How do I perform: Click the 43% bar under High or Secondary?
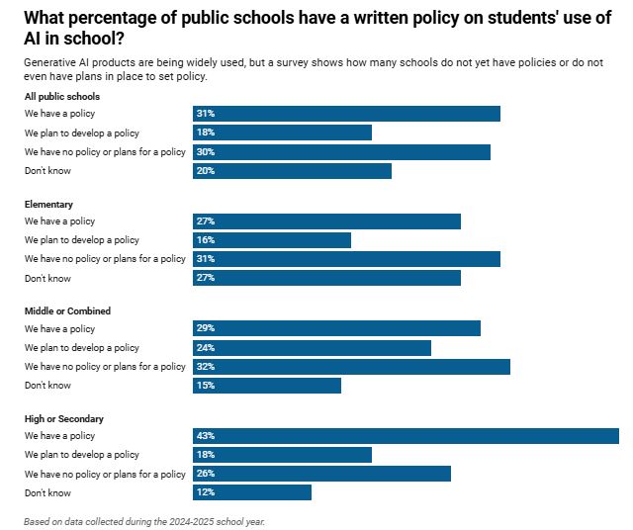tap(406, 436)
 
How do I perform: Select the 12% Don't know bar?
tap(252, 492)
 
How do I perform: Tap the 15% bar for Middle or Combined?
tap(267, 386)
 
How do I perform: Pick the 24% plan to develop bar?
tap(312, 348)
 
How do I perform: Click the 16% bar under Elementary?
tap(272, 240)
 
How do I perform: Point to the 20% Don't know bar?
tap(292, 171)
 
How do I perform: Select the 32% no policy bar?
tap(351, 367)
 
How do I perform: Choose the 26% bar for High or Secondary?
tap(321, 474)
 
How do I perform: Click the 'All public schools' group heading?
tap(62, 96)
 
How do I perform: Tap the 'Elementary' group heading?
tap(48, 204)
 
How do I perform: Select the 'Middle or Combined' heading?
tap(67, 311)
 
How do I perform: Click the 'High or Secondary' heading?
tap(64, 419)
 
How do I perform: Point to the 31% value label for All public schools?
tap(206, 114)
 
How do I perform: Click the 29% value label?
tap(206, 328)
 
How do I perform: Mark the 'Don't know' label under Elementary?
tap(47, 278)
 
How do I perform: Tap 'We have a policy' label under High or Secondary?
tap(60, 436)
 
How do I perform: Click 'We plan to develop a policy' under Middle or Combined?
tap(82, 348)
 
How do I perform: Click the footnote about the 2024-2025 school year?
tap(144, 521)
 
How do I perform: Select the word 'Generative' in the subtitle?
tap(50, 62)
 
